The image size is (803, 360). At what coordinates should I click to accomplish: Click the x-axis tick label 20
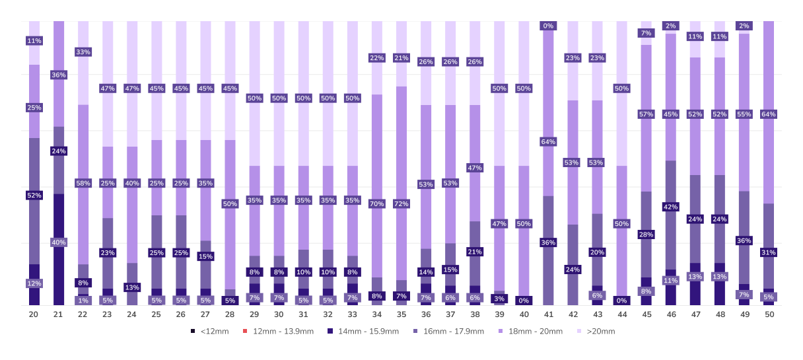tap(34, 314)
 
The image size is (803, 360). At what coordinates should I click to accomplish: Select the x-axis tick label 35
tap(401, 314)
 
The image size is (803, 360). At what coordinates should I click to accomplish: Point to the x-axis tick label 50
tap(769, 314)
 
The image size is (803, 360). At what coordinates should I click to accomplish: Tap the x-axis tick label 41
tap(548, 314)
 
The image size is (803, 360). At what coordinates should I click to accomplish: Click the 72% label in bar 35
tap(401, 203)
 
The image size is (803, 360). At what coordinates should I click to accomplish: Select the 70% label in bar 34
tap(377, 203)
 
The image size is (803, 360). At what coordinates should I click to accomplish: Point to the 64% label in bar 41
tap(548, 141)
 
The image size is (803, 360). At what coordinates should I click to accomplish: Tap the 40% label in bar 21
tap(58, 242)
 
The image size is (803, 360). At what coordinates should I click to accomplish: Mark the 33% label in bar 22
tap(83, 52)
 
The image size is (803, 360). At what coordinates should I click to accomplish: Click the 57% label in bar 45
tap(646, 114)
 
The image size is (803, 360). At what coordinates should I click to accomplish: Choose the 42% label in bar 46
tap(671, 207)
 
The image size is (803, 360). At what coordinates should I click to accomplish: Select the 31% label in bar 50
tap(769, 252)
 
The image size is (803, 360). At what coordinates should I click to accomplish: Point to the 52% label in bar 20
tap(34, 195)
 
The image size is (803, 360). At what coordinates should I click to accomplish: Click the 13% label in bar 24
tap(131, 287)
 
